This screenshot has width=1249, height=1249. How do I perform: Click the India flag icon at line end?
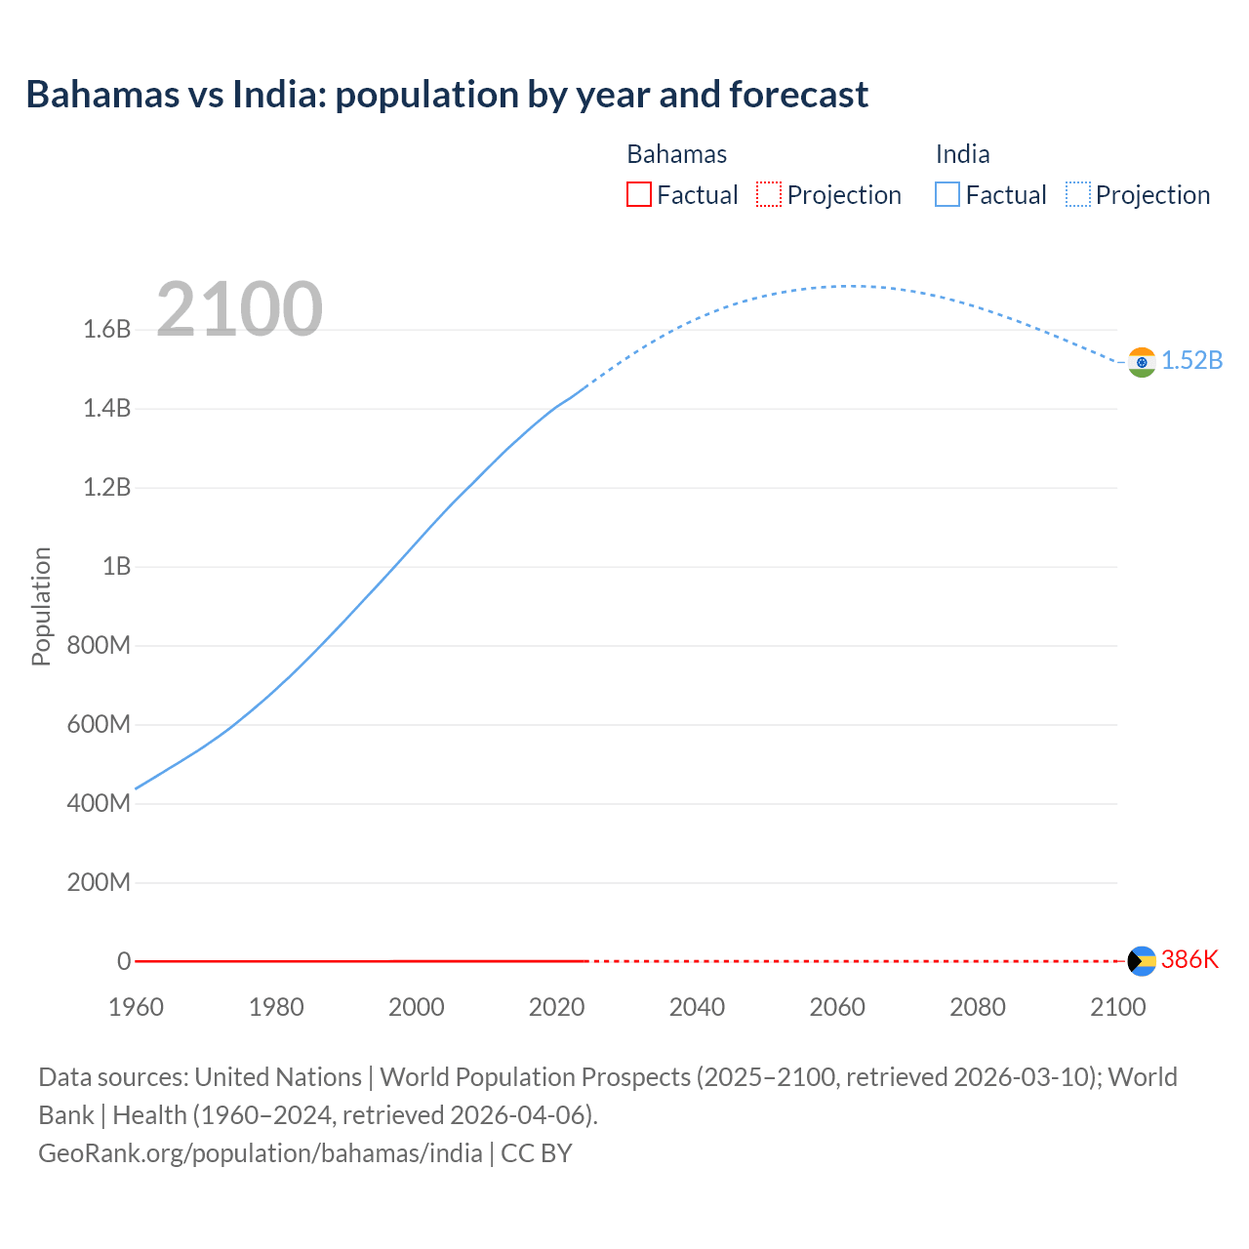click(x=1142, y=362)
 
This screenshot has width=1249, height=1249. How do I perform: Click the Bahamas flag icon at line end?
click(x=1142, y=961)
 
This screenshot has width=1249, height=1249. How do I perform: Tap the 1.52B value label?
click(x=1191, y=360)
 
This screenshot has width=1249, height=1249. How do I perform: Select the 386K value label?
click(x=1189, y=959)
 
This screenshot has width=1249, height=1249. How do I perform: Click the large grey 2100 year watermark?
click(x=239, y=309)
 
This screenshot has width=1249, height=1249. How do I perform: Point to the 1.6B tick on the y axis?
click(x=107, y=329)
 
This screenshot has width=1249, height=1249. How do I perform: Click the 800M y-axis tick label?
click(x=99, y=645)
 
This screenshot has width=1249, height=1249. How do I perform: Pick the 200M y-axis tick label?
click(x=99, y=883)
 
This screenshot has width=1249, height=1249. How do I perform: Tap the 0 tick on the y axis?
click(x=124, y=961)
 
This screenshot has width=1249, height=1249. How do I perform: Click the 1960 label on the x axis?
click(x=136, y=1007)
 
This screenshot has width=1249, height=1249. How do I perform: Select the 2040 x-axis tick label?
click(x=697, y=1007)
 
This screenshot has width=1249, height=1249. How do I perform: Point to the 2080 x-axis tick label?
click(x=977, y=1007)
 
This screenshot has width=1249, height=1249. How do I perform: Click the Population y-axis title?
click(x=41, y=606)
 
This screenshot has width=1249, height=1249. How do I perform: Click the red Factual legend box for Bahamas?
click(x=638, y=194)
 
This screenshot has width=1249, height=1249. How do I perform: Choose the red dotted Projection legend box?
click(x=769, y=194)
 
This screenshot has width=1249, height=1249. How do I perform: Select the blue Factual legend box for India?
click(x=947, y=194)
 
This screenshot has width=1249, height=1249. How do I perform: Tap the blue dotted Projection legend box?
click(x=1078, y=194)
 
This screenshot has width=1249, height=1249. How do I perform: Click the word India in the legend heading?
click(x=962, y=154)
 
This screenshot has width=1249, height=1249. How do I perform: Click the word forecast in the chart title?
click(x=798, y=95)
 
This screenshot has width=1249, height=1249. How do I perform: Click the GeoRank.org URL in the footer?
click(x=261, y=1153)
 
